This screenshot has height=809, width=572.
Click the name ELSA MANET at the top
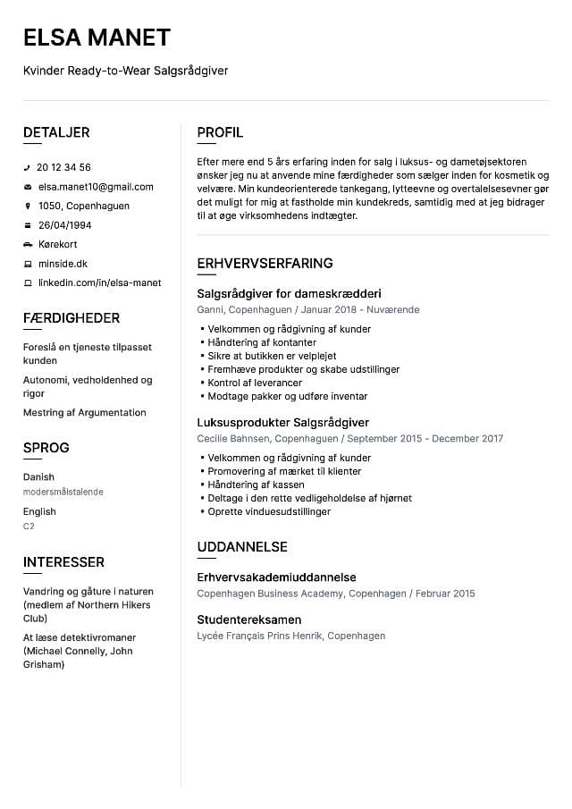pos(97,38)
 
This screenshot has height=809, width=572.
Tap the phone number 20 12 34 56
pos(63,167)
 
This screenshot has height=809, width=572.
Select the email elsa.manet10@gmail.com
pos(95,187)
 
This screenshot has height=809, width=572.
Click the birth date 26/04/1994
pos(64,225)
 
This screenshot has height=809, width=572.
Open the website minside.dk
pos(63,264)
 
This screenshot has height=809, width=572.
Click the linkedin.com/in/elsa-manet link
pos(99,282)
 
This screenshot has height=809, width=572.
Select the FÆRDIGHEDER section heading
pos(71,318)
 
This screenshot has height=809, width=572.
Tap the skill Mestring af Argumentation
pos(84,412)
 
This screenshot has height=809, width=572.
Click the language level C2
pos(29,527)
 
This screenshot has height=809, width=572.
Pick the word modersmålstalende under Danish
pos(63,492)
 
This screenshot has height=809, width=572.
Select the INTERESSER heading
pos(63,562)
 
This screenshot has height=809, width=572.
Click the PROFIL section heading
pos(220,133)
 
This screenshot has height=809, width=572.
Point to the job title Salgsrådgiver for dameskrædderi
pos(289,293)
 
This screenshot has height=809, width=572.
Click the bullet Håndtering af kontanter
pos(261,342)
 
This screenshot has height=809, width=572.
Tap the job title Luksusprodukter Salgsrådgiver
pos(282,422)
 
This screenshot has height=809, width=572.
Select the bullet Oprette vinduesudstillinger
pos(269,511)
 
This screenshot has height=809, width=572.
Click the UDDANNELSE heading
pos(241,547)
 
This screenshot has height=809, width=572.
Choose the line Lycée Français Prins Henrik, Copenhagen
pos(290,636)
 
